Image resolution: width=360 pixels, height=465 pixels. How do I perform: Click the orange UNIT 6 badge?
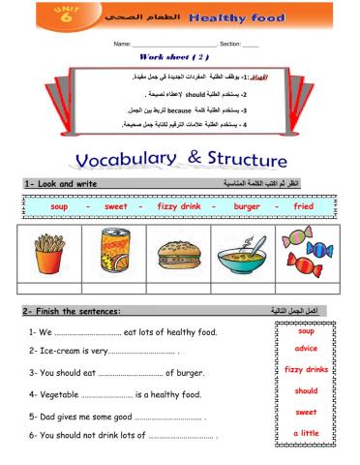point(40,16)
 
